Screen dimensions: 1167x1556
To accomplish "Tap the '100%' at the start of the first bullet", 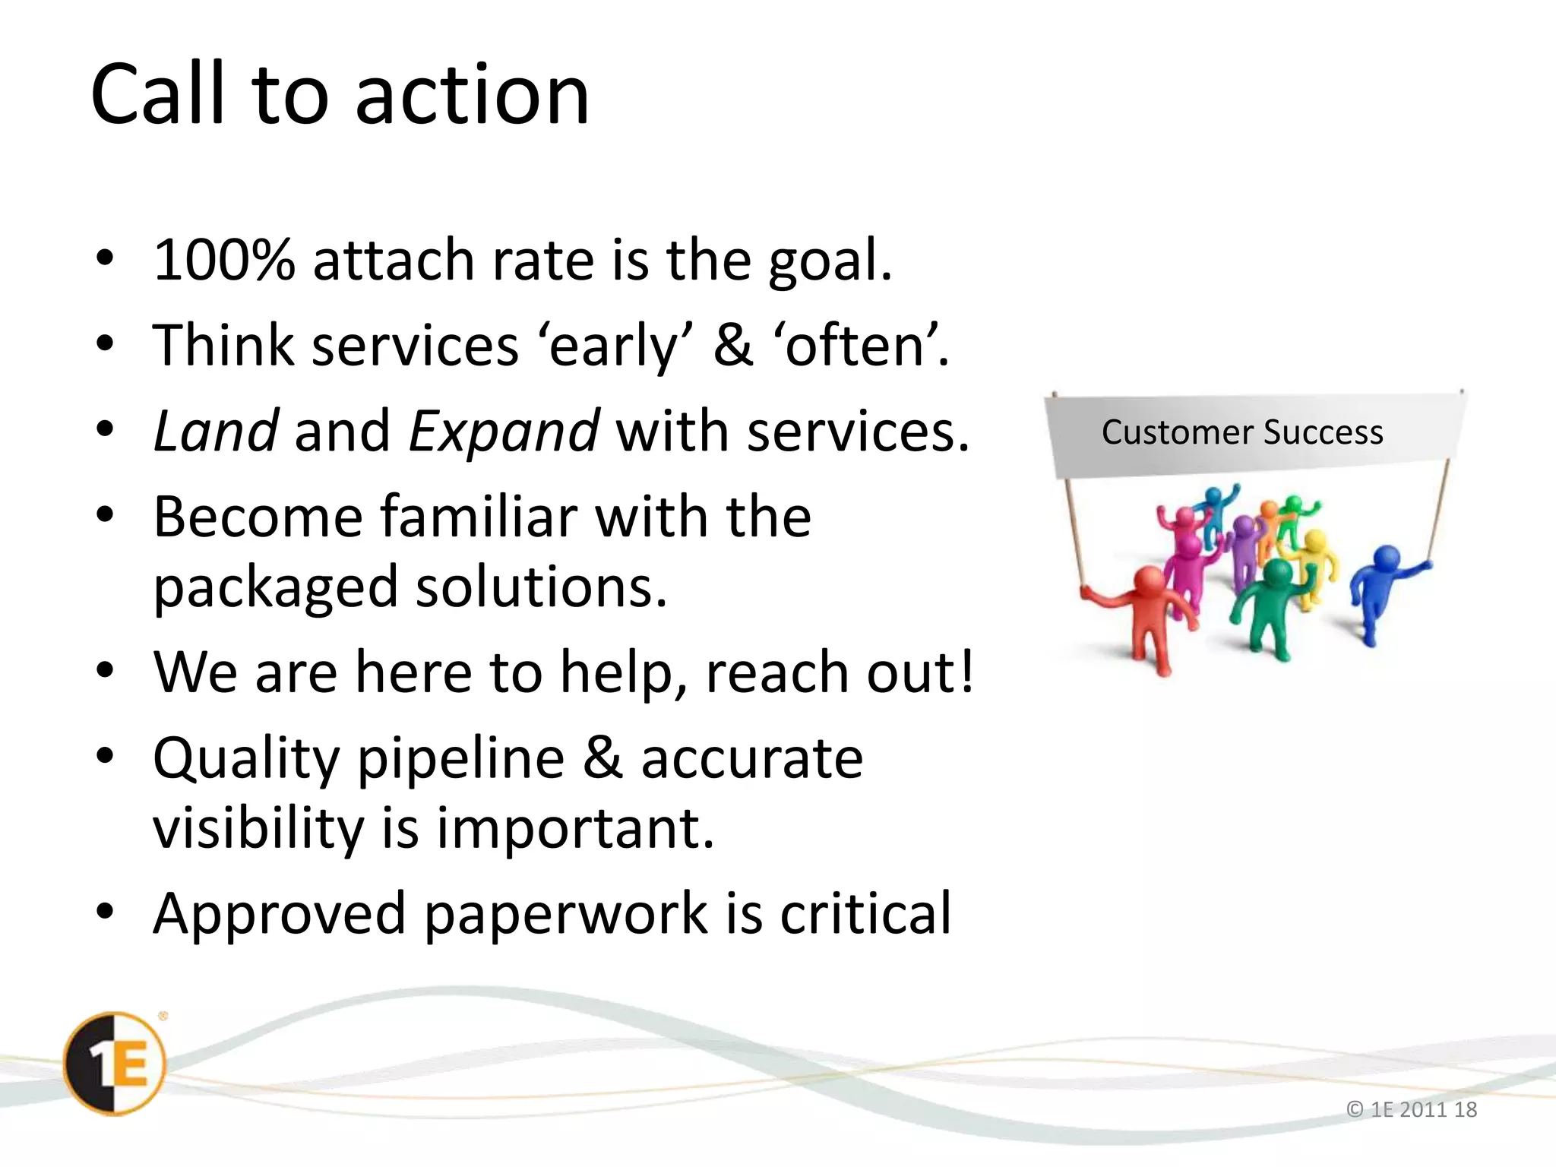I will (223, 261).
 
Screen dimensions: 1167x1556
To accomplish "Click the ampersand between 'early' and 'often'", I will (732, 346).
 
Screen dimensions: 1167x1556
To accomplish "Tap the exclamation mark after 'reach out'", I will (966, 672).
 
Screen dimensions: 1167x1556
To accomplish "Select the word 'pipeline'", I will (460, 760).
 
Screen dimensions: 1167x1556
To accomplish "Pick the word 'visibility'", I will (258, 828).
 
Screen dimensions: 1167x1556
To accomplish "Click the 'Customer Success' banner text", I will (1242, 432).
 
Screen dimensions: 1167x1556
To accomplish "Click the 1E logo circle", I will (115, 1064).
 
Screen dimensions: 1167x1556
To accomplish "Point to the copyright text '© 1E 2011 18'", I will (1411, 1109).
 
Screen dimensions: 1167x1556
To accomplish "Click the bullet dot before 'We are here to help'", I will (105, 671).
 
